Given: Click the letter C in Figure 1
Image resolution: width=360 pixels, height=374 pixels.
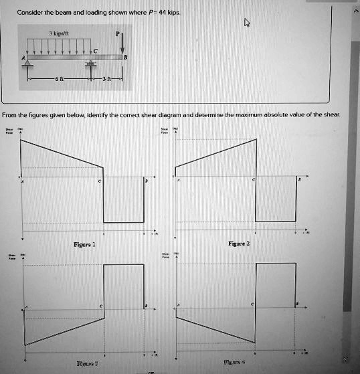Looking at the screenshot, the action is [x=100, y=182].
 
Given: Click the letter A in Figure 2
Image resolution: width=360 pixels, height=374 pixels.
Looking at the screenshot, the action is [x=178, y=181].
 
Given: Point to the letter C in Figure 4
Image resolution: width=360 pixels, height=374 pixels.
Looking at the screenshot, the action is [x=252, y=304].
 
